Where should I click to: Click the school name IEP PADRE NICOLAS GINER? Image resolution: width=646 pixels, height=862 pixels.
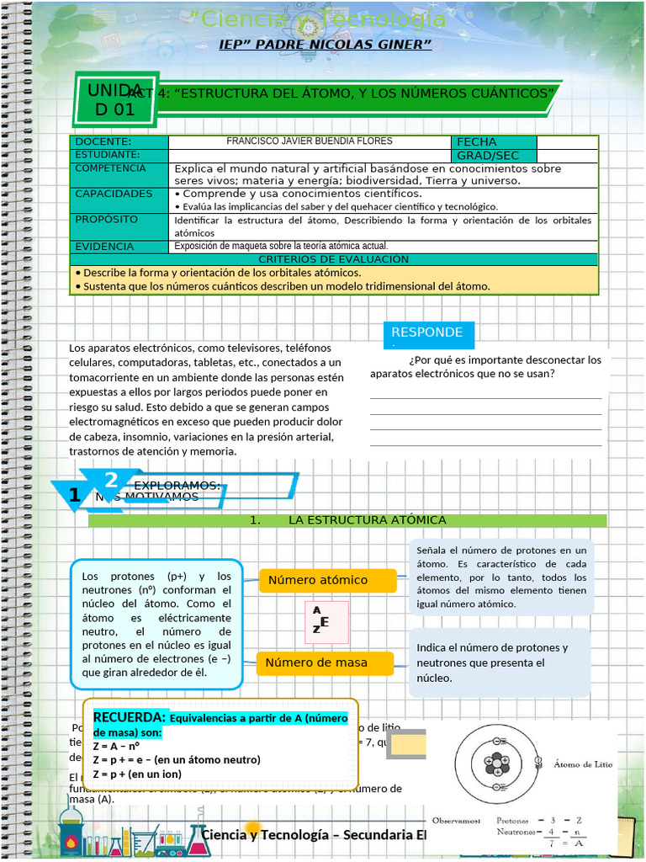pyautogui.click(x=325, y=44)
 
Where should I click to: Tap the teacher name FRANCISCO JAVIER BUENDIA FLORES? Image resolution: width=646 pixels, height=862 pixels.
pyautogui.click(x=310, y=141)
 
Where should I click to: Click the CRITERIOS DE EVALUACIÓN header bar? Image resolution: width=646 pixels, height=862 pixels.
pyautogui.click(x=334, y=259)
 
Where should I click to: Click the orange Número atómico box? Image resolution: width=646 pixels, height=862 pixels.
pyautogui.click(x=327, y=580)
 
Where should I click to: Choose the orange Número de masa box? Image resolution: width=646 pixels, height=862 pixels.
pyautogui.click(x=325, y=662)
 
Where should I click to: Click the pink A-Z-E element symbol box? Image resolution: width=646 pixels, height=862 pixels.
pyautogui.click(x=326, y=622)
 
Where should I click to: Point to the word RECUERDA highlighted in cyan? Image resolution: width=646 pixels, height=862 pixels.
pyautogui.click(x=129, y=717)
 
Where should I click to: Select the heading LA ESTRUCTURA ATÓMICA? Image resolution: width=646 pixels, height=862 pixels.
pyautogui.click(x=367, y=520)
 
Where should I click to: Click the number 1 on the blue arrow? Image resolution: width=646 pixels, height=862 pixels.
pyautogui.click(x=76, y=497)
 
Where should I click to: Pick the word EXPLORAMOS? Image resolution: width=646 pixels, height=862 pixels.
pyautogui.click(x=177, y=485)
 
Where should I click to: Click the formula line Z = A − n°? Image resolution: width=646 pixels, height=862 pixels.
pyautogui.click(x=117, y=746)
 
